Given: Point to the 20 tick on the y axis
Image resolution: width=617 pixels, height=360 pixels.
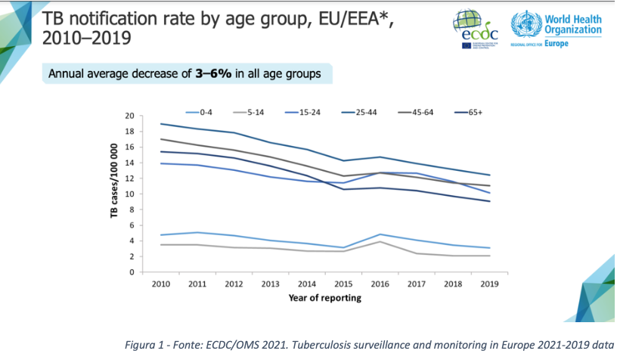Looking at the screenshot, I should click(129, 116).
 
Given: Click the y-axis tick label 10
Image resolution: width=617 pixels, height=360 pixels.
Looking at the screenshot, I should click(129, 194).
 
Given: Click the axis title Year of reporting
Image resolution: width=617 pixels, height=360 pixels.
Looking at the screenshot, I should click(324, 297).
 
